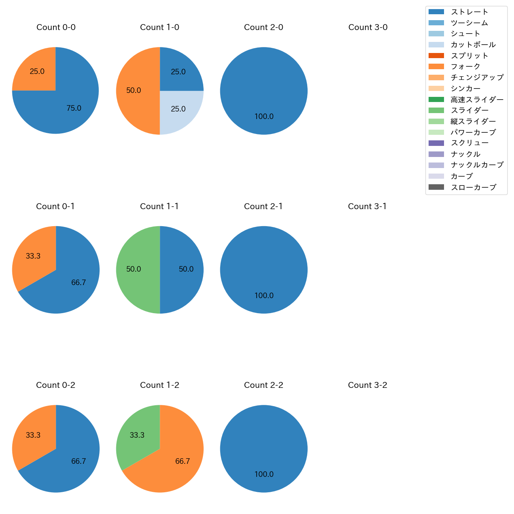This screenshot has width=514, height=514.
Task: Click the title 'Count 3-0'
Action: click(368, 27)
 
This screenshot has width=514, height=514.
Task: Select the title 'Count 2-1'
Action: click(263, 206)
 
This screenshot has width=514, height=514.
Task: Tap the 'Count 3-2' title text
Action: click(367, 385)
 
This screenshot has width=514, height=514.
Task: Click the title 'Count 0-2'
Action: click(55, 385)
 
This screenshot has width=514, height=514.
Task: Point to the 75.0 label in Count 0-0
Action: click(74, 108)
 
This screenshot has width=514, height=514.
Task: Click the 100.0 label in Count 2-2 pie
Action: click(264, 474)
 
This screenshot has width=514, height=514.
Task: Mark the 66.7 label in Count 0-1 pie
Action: click(78, 283)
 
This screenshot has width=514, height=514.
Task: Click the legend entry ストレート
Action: click(469, 12)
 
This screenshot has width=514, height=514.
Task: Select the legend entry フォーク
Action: click(465, 66)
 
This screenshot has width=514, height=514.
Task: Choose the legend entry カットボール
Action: click(473, 45)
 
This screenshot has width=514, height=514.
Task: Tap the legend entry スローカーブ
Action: click(473, 187)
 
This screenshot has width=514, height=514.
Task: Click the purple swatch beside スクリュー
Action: click(436, 143)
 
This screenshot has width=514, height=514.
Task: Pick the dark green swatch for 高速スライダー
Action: click(436, 99)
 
